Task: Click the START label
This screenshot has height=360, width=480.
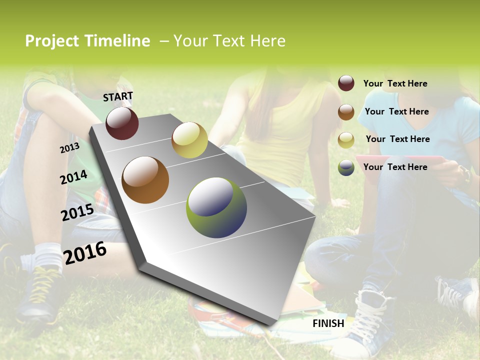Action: pos(118,96)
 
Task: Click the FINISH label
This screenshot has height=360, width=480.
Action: pos(328,323)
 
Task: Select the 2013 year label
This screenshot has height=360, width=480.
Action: pos(69,148)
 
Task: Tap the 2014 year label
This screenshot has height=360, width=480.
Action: pos(74,177)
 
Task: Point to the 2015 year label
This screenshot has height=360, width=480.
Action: pos(77,212)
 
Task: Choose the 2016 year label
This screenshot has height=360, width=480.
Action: pos(85,253)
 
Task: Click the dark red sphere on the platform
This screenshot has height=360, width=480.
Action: pos(122,123)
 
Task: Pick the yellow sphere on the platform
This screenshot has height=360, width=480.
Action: pos(189,139)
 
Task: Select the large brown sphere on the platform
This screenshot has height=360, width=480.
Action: pos(145,180)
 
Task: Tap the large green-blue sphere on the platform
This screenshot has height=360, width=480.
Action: pos(216,207)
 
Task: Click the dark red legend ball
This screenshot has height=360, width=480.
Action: pos(346,83)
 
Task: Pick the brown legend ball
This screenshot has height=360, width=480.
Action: pos(346,112)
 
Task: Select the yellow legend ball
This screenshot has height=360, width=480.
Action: pos(346,140)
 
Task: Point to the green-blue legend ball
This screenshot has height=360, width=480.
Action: pos(346,167)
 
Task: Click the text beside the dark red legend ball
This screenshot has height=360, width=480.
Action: pos(395,83)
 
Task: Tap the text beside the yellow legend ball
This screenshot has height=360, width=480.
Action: pos(398,139)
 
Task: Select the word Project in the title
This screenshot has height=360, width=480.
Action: pos(52,41)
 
